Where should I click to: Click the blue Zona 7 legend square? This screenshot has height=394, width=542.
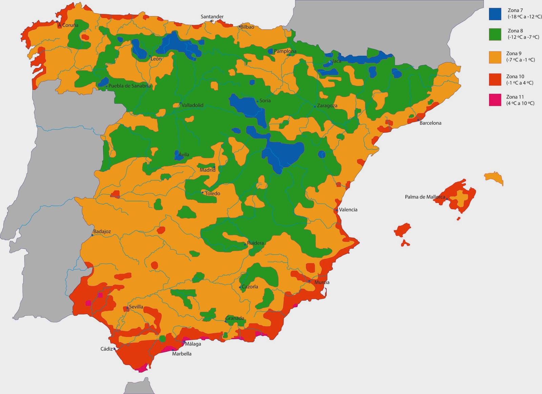pyautogui.click(x=495, y=14)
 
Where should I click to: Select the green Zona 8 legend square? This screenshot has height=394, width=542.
pyautogui.click(x=495, y=34)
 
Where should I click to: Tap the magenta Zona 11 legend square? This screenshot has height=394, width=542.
pyautogui.click(x=495, y=100)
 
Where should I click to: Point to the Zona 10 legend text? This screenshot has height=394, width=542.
pyautogui.click(x=520, y=80)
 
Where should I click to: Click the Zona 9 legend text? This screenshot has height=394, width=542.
pyautogui.click(x=520, y=57)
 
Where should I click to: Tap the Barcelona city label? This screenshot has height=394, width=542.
pyautogui.click(x=430, y=123)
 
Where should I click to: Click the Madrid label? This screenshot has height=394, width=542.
pyautogui.click(x=207, y=170)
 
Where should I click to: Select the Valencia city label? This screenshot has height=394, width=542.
pyautogui.click(x=348, y=210)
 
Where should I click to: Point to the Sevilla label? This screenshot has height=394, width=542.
pyautogui.click(x=136, y=307)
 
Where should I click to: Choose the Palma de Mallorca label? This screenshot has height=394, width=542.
pyautogui.click(x=425, y=197)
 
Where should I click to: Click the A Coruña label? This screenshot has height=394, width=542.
pyautogui.click(x=68, y=25)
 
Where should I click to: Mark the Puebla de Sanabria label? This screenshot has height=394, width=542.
pyautogui.click(x=129, y=86)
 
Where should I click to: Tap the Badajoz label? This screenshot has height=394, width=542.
pyautogui.click(x=102, y=232)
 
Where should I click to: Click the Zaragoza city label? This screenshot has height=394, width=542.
pyautogui.click(x=327, y=106)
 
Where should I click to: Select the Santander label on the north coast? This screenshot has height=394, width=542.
pyautogui.click(x=212, y=17)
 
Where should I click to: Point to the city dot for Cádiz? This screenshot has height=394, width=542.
pyautogui.click(x=114, y=349)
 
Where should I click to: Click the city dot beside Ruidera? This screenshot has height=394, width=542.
pyautogui.click(x=245, y=244)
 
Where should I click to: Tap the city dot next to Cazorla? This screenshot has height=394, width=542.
pyautogui.click(x=240, y=287)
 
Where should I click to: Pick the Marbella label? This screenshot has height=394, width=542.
pyautogui.click(x=182, y=354)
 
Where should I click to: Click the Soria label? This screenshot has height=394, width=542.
pyautogui.click(x=265, y=101)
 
